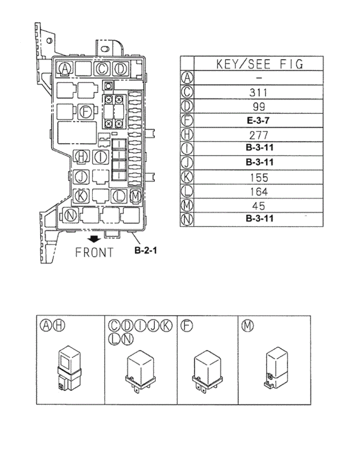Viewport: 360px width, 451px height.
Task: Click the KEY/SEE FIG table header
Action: click(x=259, y=64)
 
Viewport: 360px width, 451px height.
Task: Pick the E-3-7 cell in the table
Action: click(x=259, y=120)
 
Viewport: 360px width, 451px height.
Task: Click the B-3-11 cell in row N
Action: click(x=259, y=218)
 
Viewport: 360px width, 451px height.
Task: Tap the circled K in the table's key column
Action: click(x=188, y=177)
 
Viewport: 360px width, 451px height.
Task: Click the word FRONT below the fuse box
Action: click(x=94, y=252)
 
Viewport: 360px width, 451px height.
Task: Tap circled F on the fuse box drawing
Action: click(x=85, y=110)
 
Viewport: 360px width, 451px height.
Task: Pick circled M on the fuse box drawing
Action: click(x=135, y=196)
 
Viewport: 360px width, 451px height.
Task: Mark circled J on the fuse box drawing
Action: click(x=81, y=177)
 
